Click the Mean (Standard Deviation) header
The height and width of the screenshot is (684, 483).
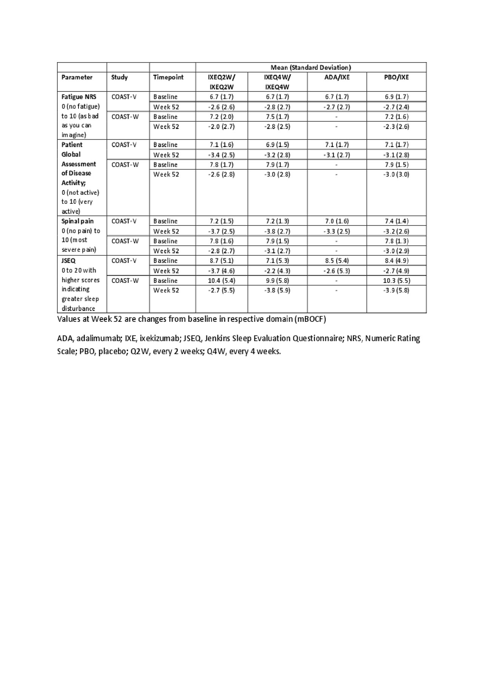pos(311,68)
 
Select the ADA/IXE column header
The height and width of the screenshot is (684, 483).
pos(337,77)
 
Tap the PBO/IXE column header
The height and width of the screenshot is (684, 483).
pos(397,77)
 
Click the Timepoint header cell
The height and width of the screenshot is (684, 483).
pos(168,77)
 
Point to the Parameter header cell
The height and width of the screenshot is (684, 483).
pos(77,77)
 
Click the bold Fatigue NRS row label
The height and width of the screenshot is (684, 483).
pos(79,97)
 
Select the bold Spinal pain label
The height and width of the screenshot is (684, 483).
pos(77,221)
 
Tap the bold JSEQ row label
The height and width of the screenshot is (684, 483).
pos(69,261)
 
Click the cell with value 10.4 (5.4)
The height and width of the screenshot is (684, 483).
pos(222,281)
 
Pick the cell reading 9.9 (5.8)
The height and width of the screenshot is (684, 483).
pos(277,281)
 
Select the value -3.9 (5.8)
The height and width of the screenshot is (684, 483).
pos(397,291)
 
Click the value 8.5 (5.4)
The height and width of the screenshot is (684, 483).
pos(337,261)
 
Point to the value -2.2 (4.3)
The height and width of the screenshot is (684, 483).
pos(277,271)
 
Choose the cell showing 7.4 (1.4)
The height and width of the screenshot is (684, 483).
pos(397,221)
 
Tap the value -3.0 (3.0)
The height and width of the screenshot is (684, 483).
pos(397,174)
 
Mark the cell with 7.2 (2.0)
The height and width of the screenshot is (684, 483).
pos(222,117)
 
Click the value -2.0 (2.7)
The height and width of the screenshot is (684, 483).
pos(222,126)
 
